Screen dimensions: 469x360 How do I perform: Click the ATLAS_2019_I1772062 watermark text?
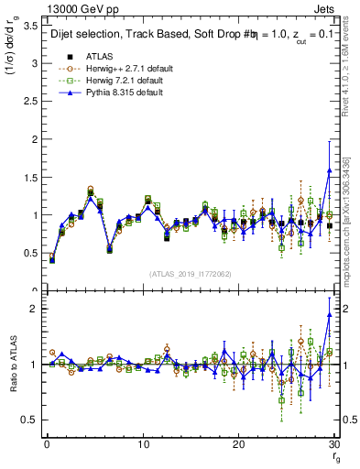pos(190,274)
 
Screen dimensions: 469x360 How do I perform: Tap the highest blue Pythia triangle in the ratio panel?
pos(330,314)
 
